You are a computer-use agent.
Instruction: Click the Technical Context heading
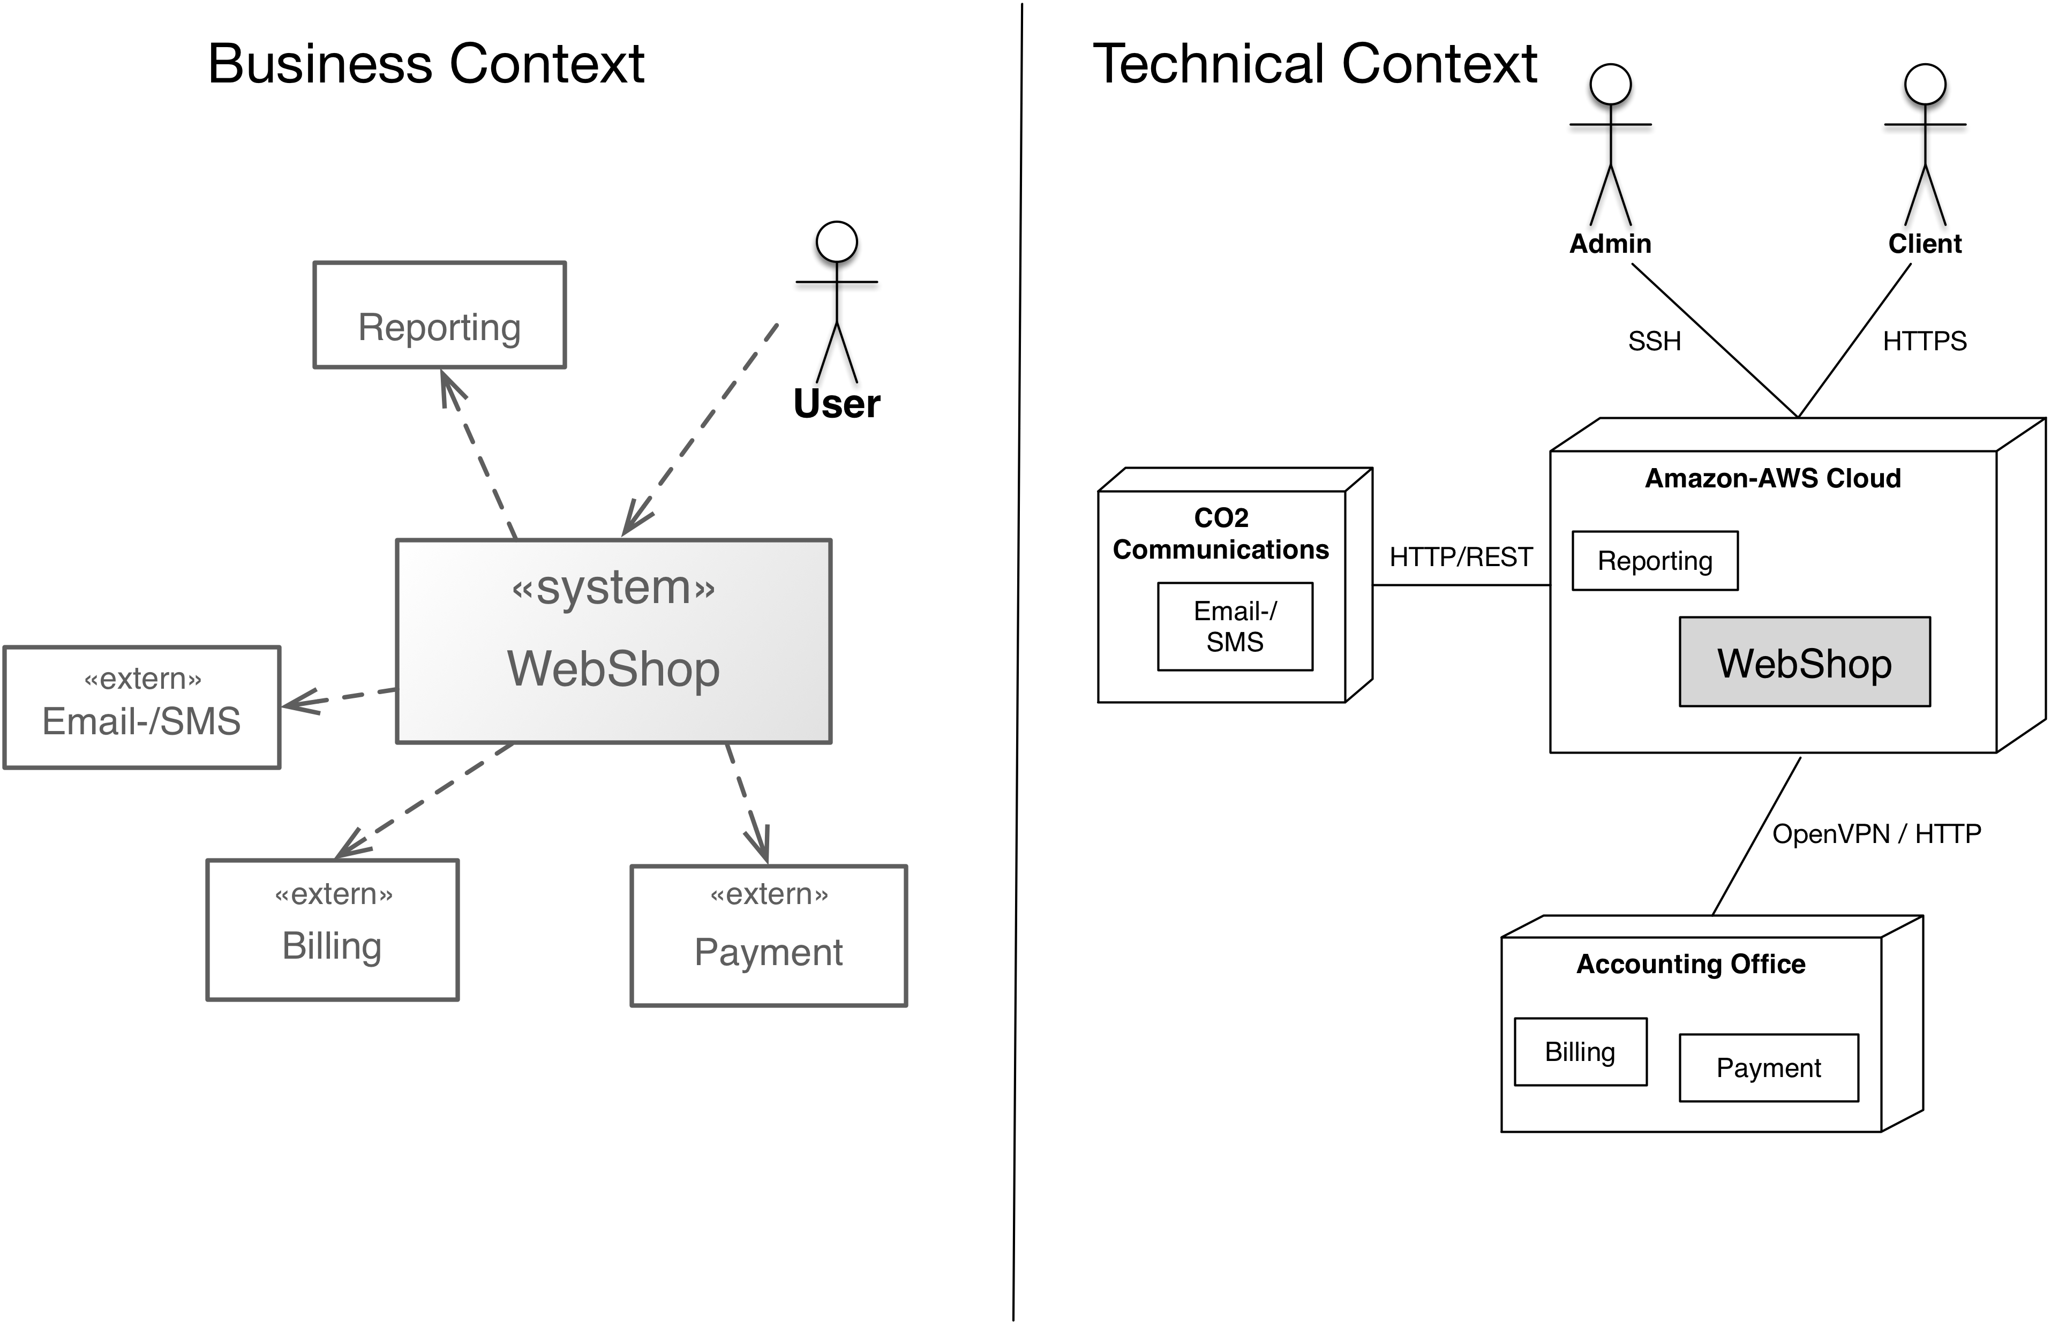[x=1314, y=64]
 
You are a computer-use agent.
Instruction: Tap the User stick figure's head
[x=836, y=242]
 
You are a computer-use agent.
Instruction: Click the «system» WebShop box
[x=613, y=641]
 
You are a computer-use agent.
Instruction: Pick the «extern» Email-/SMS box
[x=142, y=707]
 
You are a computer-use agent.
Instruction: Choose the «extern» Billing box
[x=332, y=929]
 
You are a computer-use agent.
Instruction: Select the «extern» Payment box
[x=768, y=935]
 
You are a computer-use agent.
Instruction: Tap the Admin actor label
[x=1610, y=244]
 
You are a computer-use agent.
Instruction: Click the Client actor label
[x=1925, y=244]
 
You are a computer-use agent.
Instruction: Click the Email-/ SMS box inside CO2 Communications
[x=1235, y=627]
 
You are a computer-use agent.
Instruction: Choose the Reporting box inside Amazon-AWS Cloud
[x=1655, y=561]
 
